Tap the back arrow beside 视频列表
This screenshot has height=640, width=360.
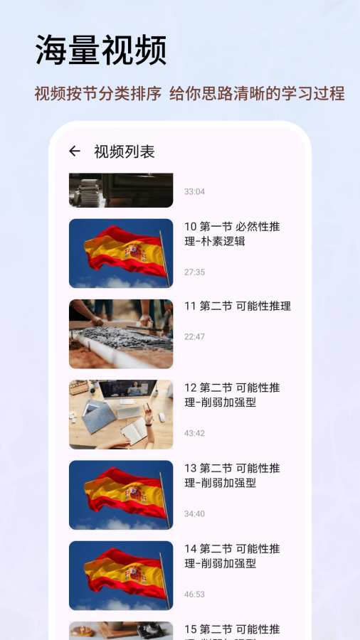tap(74, 151)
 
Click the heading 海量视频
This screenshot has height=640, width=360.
tap(101, 50)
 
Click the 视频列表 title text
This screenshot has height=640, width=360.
tap(125, 152)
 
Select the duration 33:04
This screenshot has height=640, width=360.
tap(194, 191)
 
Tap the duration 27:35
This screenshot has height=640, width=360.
tap(194, 272)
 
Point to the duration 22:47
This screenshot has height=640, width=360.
tap(194, 336)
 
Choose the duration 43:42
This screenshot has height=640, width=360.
tap(194, 433)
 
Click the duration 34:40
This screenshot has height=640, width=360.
tap(194, 513)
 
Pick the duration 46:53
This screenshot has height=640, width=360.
tap(194, 594)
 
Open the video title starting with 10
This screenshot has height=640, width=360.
tap(232, 233)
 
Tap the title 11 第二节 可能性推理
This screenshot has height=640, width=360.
tap(238, 306)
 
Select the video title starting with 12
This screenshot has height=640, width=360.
tap(232, 395)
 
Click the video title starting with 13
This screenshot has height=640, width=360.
tap(232, 475)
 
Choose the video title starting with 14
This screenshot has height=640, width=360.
tap(232, 555)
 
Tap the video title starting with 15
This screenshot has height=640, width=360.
tap(232, 631)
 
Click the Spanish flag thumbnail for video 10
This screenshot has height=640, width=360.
tap(121, 253)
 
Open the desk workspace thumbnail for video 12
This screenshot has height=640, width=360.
tap(121, 415)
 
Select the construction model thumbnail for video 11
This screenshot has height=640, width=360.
tap(121, 334)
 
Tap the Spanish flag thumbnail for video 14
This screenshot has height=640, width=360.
tap(121, 575)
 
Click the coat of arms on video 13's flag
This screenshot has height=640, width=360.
tap(137, 494)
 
